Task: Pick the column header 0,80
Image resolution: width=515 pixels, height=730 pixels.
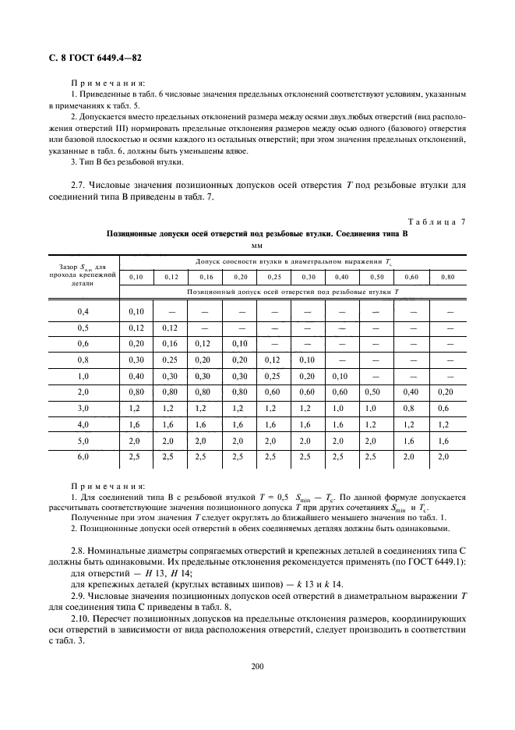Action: point(448,277)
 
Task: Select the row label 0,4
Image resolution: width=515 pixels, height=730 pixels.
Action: point(83,312)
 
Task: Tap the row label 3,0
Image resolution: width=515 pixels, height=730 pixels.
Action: point(83,407)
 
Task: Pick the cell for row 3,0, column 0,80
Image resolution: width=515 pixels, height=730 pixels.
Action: point(448,407)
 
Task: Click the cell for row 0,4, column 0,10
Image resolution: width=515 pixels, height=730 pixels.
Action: point(136,312)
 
